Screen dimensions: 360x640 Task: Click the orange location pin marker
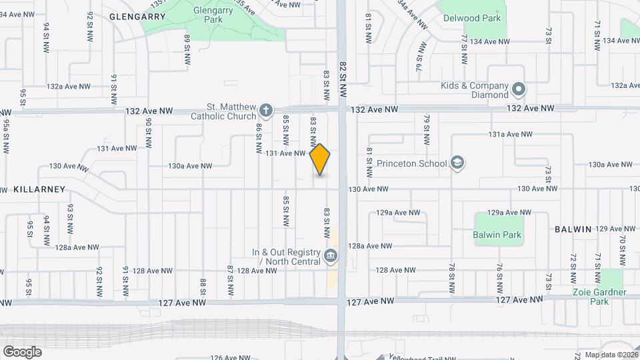click(320, 159)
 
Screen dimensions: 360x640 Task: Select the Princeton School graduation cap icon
click(457, 163)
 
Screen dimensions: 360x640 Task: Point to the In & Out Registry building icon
click(330, 256)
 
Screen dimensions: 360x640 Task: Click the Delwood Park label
click(472, 18)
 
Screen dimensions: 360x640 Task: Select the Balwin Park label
click(497, 235)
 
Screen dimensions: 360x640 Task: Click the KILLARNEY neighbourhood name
click(39, 189)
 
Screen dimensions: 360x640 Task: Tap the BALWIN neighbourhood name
click(573, 229)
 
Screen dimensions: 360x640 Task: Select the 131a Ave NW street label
click(510, 134)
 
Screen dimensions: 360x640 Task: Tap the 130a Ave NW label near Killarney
click(190, 166)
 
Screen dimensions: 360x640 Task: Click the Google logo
click(22, 351)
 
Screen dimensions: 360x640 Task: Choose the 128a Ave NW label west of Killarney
click(77, 247)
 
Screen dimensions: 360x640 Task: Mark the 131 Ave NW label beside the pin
click(285, 153)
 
